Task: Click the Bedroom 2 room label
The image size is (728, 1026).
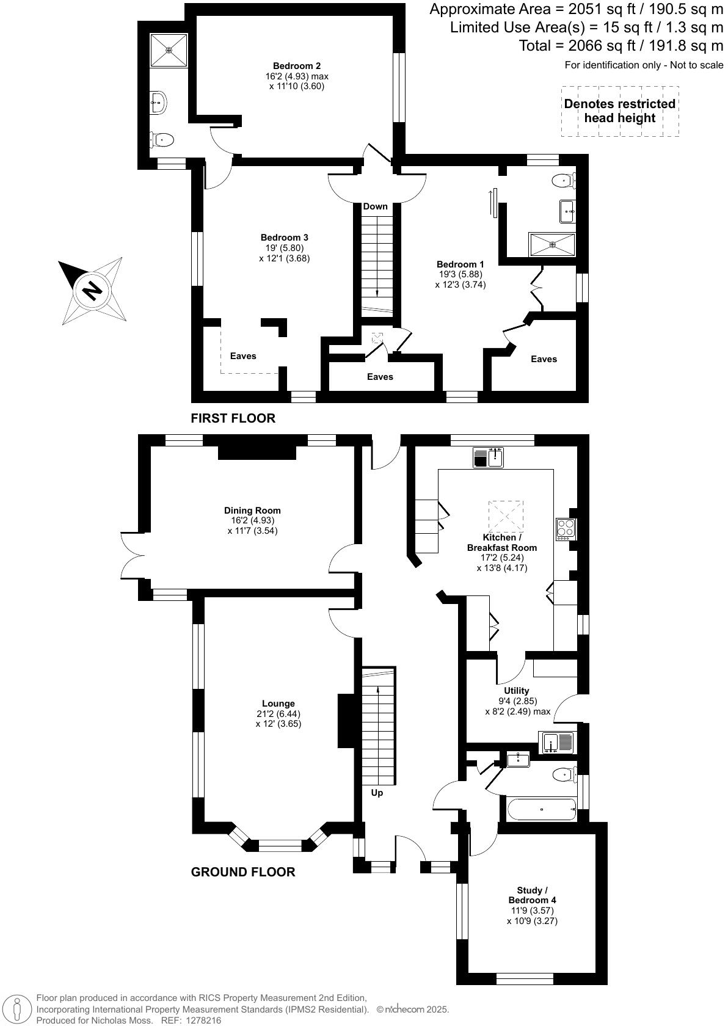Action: pyautogui.click(x=297, y=66)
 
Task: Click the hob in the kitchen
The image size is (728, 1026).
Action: pyautogui.click(x=566, y=528)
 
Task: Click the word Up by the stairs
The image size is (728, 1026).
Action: pyautogui.click(x=377, y=793)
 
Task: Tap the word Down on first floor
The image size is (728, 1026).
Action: pyautogui.click(x=375, y=206)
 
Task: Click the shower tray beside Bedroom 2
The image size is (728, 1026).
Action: pyautogui.click(x=169, y=50)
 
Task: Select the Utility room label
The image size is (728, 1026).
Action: pyautogui.click(x=517, y=691)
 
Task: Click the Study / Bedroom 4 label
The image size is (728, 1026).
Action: pyautogui.click(x=532, y=895)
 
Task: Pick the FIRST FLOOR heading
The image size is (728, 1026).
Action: pyautogui.click(x=233, y=418)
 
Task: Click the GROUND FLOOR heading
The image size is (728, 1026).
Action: pyautogui.click(x=243, y=872)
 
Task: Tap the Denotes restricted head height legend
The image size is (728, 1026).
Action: pyautogui.click(x=619, y=111)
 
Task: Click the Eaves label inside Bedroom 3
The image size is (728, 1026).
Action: pyautogui.click(x=243, y=356)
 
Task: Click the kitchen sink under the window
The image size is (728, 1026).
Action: pyautogui.click(x=488, y=457)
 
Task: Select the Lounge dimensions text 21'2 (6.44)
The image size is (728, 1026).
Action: pyautogui.click(x=278, y=714)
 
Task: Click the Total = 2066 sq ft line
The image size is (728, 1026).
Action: pyautogui.click(x=621, y=45)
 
